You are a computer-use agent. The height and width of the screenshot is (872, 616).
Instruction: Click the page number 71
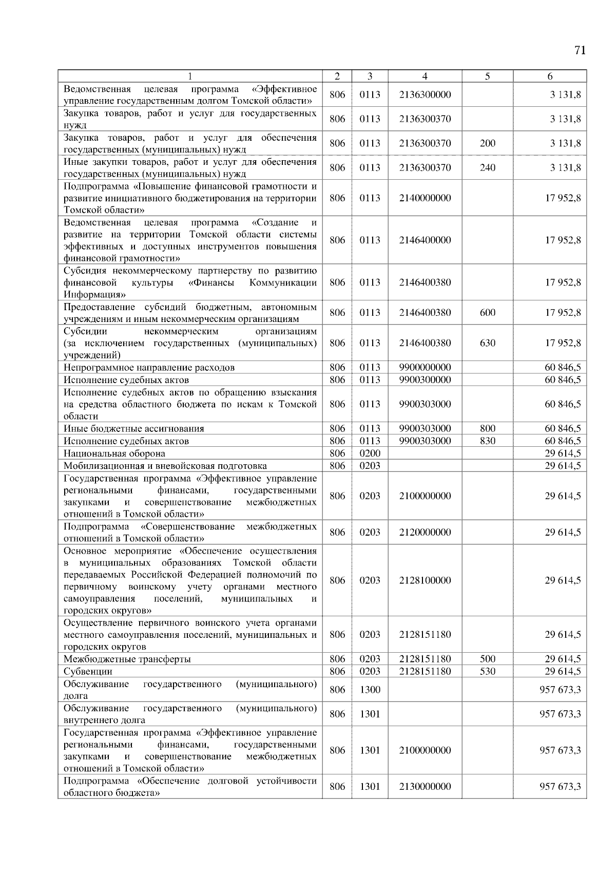click(580, 50)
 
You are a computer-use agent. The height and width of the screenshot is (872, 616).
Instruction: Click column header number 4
click(425, 77)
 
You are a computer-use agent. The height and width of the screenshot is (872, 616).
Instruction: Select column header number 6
click(550, 77)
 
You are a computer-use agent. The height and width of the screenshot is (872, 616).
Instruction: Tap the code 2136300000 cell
click(425, 94)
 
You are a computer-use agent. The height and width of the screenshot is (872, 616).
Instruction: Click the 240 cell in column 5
click(487, 167)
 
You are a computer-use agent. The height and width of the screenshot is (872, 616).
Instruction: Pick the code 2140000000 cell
click(425, 198)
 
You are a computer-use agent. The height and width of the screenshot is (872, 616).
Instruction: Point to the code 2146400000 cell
click(425, 240)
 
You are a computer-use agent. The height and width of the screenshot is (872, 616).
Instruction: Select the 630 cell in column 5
click(487, 343)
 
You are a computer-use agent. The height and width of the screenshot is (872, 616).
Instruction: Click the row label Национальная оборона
click(114, 453)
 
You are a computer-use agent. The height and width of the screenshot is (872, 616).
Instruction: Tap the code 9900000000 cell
click(425, 367)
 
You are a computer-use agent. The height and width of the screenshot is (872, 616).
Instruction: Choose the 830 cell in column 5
click(487, 441)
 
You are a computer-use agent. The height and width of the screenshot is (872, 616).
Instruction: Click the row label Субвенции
click(88, 671)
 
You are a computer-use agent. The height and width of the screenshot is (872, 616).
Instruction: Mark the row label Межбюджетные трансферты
click(127, 659)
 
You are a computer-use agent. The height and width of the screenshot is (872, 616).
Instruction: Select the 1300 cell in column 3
click(370, 690)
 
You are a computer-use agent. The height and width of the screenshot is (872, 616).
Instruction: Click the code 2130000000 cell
click(425, 786)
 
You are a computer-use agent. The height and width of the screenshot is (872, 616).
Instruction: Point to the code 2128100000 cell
click(425, 580)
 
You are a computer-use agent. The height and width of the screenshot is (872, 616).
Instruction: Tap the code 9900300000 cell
click(425, 380)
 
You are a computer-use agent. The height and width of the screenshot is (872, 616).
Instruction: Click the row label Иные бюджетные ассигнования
click(133, 428)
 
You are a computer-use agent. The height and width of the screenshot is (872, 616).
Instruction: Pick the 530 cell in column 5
click(487, 671)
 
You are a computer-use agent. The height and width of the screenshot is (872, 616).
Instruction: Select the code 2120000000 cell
click(425, 532)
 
